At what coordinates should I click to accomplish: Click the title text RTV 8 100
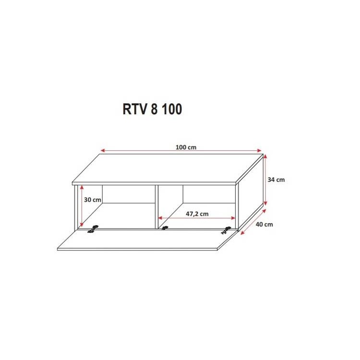(153, 109)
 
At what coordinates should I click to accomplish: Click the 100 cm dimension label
(186, 147)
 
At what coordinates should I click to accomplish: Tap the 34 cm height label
(276, 180)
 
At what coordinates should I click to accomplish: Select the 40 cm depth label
(264, 224)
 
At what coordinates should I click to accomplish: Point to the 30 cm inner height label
(92, 200)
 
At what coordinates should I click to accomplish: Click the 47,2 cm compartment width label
(197, 214)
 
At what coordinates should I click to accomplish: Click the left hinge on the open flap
(93, 229)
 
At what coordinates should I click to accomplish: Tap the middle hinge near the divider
(165, 228)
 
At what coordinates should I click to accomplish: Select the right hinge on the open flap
(226, 230)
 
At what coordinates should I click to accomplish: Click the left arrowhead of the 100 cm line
(103, 150)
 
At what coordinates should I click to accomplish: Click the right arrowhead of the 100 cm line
(259, 150)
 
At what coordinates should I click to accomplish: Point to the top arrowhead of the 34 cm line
(265, 156)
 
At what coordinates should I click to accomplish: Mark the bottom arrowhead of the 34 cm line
(265, 203)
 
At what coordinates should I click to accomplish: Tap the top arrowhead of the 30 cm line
(81, 188)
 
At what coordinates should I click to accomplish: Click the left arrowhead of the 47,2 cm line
(160, 218)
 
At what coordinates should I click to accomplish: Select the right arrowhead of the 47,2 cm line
(233, 218)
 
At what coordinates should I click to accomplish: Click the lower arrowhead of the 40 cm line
(242, 233)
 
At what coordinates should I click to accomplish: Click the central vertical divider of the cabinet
(156, 207)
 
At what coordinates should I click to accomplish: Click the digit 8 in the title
(154, 109)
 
